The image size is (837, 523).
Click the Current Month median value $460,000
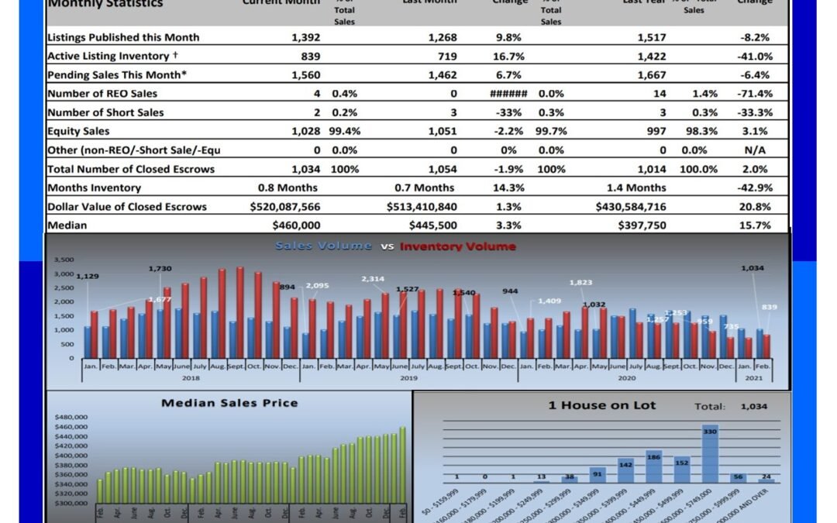point(296,225)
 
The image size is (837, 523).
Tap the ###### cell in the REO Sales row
point(508,94)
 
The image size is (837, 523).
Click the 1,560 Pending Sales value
point(305,75)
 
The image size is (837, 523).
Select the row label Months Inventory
point(95,188)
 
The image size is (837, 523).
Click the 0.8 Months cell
point(288,188)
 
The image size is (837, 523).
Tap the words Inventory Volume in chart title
point(458,246)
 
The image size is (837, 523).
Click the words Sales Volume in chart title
point(323,246)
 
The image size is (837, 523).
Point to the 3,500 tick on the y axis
point(64,260)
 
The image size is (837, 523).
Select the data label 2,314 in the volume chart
point(373,279)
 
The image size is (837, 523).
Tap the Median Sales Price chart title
point(229,403)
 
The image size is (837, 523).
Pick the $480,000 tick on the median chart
point(71,417)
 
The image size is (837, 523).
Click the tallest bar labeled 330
point(709,453)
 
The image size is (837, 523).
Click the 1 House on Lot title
point(602,405)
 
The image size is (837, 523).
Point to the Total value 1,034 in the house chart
point(755,406)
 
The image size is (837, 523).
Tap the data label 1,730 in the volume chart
point(159,268)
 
